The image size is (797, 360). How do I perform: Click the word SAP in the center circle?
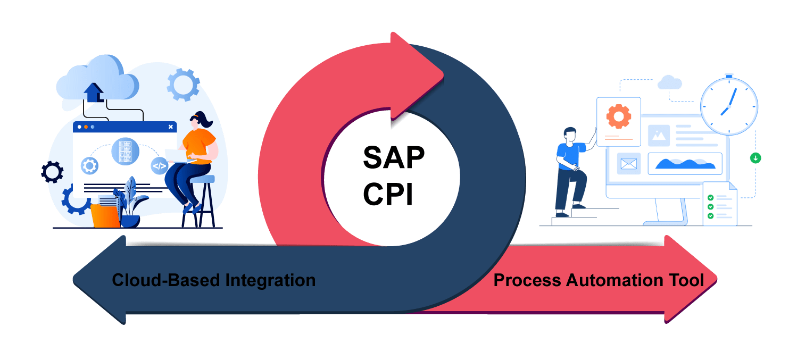point(393,157)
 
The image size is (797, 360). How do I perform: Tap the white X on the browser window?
point(170,127)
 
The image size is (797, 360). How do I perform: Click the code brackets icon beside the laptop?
point(159,165)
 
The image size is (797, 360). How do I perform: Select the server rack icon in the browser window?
point(125,150)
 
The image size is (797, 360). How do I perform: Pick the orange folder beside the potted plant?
point(105,216)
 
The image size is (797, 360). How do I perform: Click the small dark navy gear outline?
point(52,172)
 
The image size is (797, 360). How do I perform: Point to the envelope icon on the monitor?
point(628,164)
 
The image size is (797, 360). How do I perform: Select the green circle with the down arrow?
point(755,157)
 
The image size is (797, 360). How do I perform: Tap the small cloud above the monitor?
point(669,82)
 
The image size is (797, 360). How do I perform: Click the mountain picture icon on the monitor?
point(659,136)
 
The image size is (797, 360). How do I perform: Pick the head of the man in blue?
point(570,135)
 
